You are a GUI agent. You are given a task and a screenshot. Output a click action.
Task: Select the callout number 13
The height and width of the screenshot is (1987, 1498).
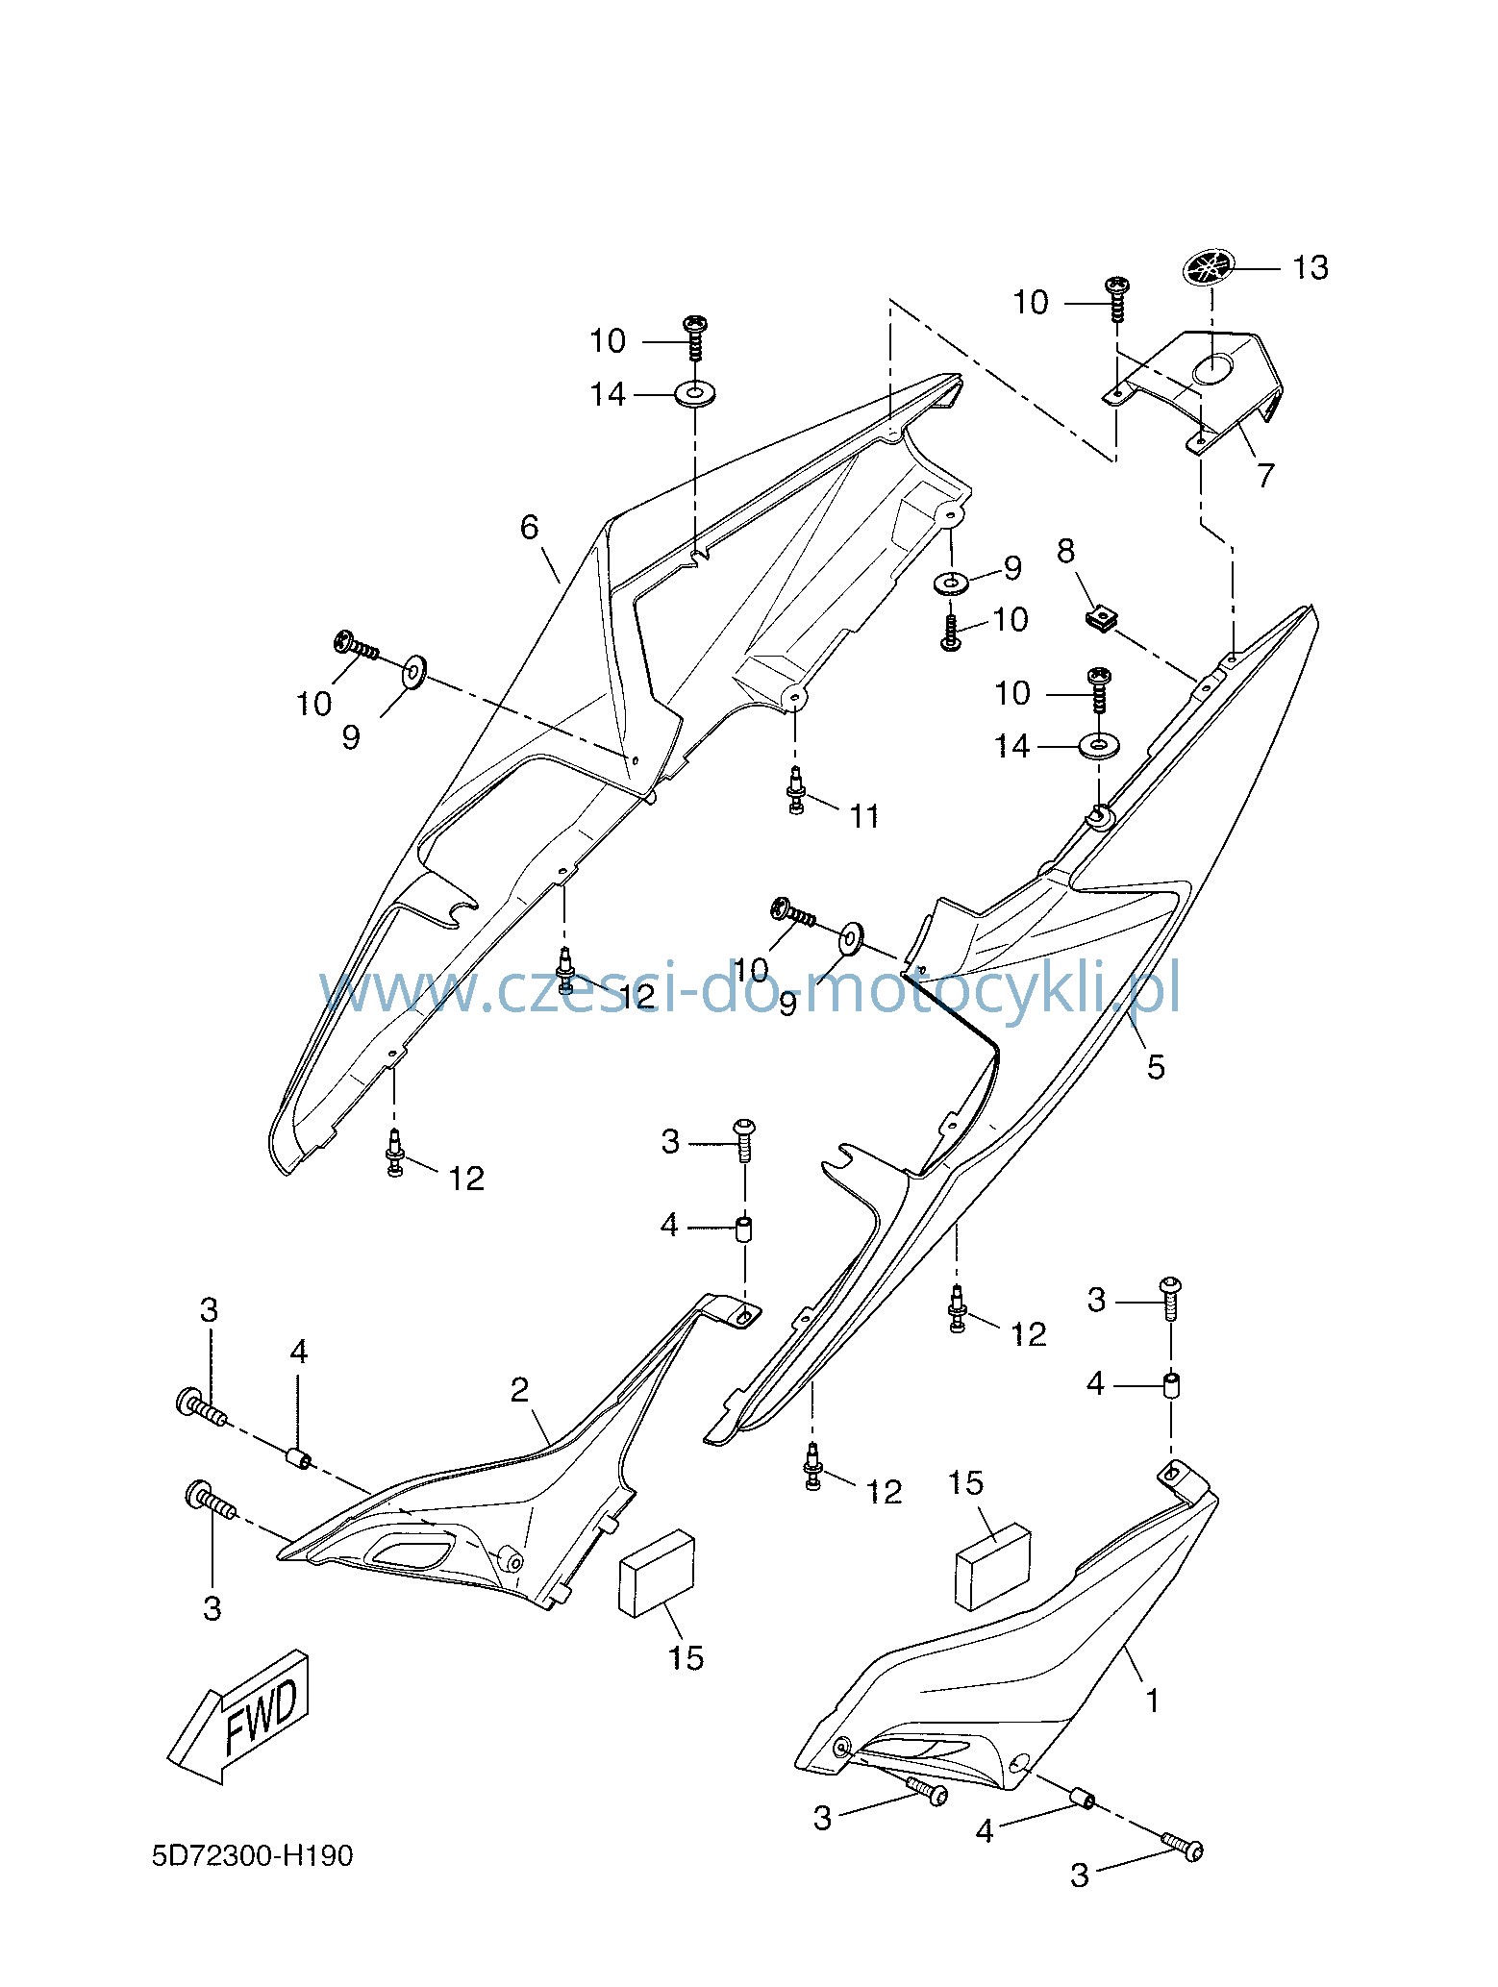(x=1310, y=267)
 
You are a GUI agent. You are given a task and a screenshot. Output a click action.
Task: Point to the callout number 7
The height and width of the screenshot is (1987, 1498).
(x=1265, y=474)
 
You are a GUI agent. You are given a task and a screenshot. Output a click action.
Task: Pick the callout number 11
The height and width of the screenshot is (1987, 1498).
(x=864, y=816)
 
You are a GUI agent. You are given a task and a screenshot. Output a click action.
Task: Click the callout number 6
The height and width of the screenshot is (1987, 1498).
(x=530, y=527)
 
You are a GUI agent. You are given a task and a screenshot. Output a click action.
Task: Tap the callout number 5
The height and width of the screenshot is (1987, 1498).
(x=1156, y=1066)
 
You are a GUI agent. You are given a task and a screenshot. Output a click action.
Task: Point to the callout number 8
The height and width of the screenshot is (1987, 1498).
(x=1065, y=551)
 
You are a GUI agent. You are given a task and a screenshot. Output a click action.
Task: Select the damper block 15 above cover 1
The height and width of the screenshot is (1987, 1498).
(x=993, y=1565)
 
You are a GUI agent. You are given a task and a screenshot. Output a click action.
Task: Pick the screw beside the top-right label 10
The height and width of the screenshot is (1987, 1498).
(x=1117, y=301)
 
